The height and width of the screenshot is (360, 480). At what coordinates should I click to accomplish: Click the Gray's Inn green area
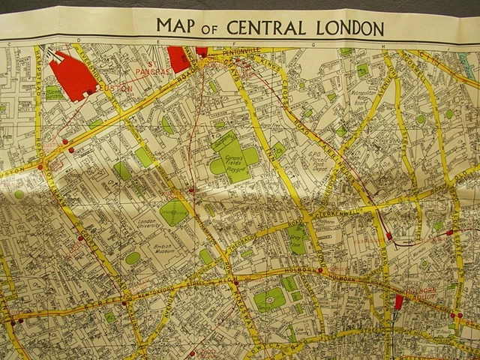point(298,238)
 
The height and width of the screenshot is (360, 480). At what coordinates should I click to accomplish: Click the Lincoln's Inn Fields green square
point(270,298)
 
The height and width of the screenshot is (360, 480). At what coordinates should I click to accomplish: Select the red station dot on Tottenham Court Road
point(80,238)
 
